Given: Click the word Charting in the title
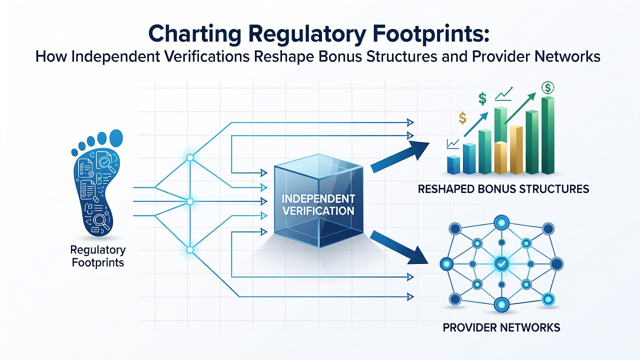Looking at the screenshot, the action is [x=195, y=34].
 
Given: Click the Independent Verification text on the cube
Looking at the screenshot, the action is [x=318, y=205].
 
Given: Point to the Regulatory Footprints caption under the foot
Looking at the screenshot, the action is [x=98, y=256].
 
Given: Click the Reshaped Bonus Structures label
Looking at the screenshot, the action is [x=503, y=189].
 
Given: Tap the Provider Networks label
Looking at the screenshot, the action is [x=501, y=327].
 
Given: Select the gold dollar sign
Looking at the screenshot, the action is [x=462, y=117].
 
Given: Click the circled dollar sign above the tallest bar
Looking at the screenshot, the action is [x=547, y=87].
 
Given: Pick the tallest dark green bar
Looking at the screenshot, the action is [x=547, y=135].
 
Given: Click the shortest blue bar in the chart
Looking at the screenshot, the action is [x=453, y=165].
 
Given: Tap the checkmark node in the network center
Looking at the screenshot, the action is [x=501, y=263].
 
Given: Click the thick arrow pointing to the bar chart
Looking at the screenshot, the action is [x=400, y=156].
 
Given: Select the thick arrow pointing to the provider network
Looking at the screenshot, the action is [x=399, y=247].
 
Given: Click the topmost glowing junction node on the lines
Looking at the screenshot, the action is [x=189, y=157].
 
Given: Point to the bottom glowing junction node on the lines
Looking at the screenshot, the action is [x=189, y=250].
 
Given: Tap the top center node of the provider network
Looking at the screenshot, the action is [x=501, y=222].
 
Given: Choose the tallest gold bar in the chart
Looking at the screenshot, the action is [x=516, y=149].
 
